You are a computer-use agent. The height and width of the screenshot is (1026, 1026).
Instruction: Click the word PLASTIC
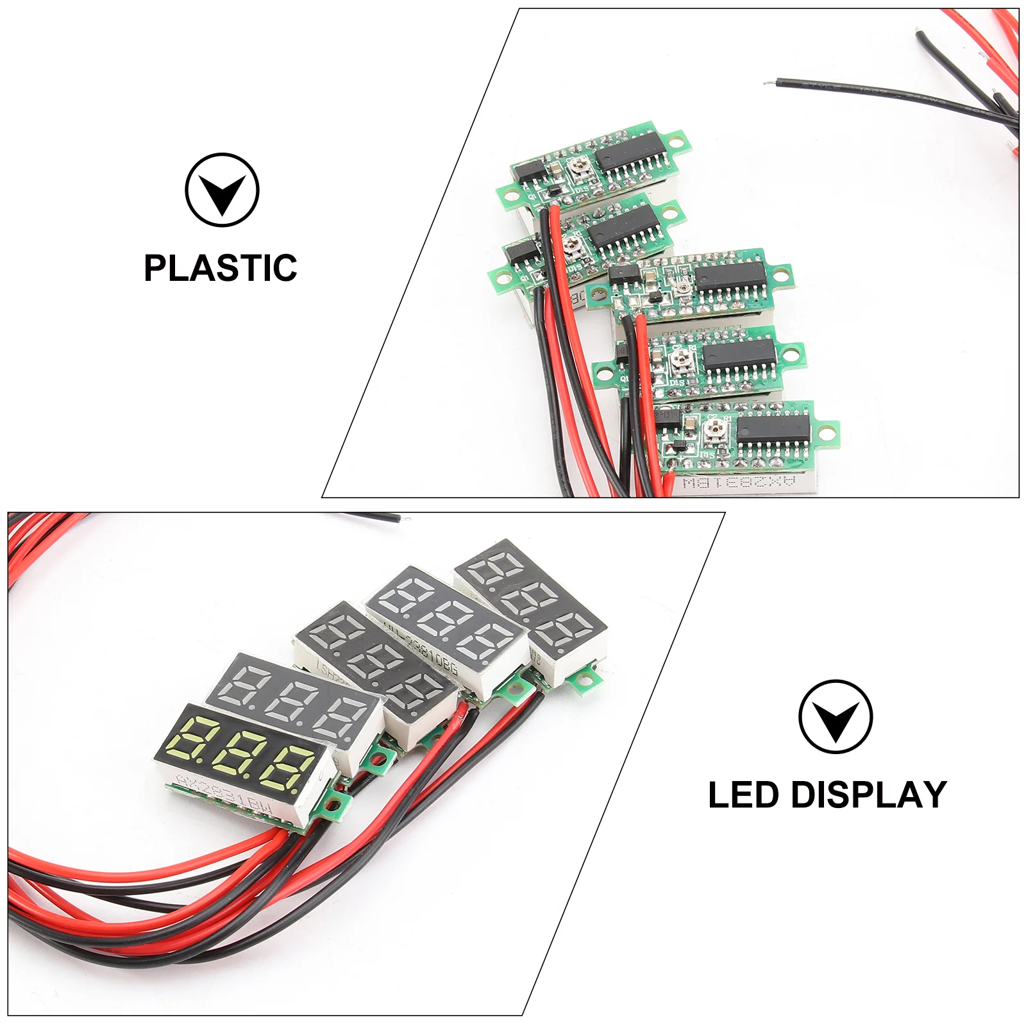(x=220, y=268)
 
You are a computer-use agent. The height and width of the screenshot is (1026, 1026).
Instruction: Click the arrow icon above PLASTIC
(x=222, y=190)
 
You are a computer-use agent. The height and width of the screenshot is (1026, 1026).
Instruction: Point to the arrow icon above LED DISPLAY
(x=836, y=716)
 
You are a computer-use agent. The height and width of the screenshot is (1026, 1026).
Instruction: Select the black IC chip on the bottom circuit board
(x=773, y=426)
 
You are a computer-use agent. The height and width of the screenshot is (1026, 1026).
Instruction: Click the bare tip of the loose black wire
(x=767, y=83)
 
